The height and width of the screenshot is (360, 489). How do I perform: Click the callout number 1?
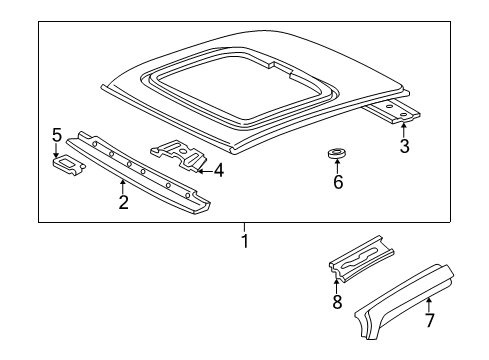pos(243,241)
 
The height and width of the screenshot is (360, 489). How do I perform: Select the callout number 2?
pos(122,203)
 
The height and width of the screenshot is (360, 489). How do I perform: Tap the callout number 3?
pos(404,148)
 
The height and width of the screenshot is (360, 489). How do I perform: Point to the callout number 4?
pos(218,170)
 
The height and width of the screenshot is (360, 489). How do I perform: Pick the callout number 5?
pos(57,135)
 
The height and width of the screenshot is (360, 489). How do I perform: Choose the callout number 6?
pos(338,183)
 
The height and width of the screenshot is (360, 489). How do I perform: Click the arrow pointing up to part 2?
pos(122,186)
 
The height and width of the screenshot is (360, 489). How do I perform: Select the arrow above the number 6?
pos(338,167)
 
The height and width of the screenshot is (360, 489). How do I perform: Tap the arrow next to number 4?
pos(203,170)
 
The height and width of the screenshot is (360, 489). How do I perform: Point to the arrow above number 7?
pos(428,303)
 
